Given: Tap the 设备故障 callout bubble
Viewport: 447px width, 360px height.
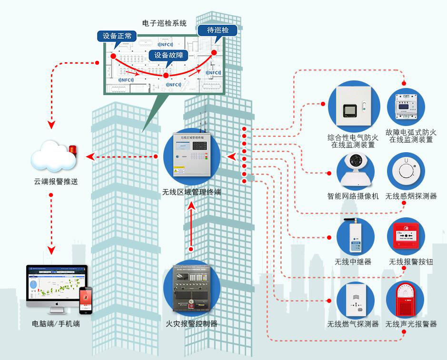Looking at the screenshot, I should click(168, 55).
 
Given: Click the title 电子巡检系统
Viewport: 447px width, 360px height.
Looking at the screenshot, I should click(164, 23).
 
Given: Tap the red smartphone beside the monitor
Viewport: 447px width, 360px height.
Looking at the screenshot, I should click(85, 300).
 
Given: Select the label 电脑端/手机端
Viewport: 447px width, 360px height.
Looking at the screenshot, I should click(56, 324).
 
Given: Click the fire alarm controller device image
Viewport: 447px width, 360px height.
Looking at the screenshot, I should click(191, 289).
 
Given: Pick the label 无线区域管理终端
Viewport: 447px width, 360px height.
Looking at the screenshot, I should click(191, 193).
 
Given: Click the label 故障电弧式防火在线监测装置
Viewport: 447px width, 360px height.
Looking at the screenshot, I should click(411, 136).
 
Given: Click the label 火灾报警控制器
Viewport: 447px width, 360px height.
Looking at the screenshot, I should click(191, 324).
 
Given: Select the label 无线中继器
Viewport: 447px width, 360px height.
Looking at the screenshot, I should click(353, 262).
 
